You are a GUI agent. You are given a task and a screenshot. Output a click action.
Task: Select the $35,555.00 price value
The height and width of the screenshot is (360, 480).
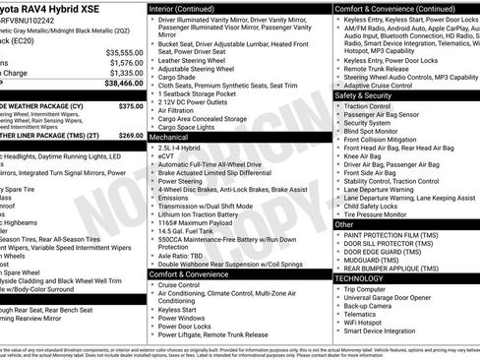(x=120, y=52)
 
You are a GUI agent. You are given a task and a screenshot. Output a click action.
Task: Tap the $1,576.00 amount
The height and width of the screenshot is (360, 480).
(x=122, y=62)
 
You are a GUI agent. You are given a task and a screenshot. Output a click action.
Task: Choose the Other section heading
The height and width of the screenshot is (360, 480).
(x=344, y=224)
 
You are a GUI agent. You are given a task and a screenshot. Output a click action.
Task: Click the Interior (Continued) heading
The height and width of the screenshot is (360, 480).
(x=189, y=8)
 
